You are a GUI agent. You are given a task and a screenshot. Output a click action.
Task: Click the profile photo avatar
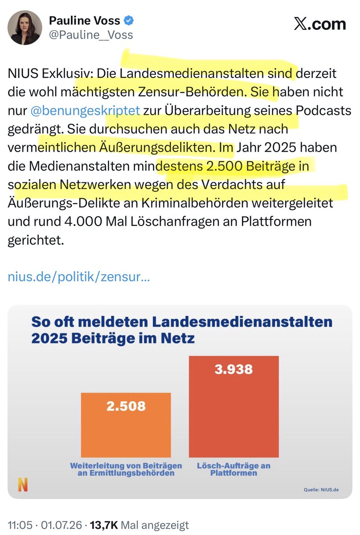25,28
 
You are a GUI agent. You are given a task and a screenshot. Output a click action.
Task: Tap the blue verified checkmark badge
129,21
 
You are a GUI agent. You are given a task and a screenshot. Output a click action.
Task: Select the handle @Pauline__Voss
91,35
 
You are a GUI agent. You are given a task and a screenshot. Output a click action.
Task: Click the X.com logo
319,24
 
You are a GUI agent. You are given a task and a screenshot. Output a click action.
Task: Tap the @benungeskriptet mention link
85,111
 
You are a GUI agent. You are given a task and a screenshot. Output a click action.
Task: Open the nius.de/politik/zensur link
79,277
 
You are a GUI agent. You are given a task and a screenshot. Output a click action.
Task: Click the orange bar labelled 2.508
126,425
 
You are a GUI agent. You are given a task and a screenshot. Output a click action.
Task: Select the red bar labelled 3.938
234,407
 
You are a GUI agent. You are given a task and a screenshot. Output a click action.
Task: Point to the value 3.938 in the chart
233,369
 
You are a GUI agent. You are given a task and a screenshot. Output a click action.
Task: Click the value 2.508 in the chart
126,406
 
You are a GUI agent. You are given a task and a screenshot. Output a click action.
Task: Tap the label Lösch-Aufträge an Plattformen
234,469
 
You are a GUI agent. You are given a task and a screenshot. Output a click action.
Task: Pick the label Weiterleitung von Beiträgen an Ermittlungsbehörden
126,469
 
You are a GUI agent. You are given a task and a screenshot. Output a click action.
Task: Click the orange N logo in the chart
23,485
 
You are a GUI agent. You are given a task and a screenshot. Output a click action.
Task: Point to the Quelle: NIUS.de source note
321,490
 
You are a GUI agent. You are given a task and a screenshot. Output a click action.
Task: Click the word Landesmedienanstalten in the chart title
242,322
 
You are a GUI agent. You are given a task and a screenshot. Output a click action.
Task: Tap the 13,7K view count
104,525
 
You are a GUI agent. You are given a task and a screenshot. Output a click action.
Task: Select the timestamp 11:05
20,525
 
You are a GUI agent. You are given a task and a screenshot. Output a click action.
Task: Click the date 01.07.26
61,525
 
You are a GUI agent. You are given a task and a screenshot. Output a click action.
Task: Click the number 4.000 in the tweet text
83,222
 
